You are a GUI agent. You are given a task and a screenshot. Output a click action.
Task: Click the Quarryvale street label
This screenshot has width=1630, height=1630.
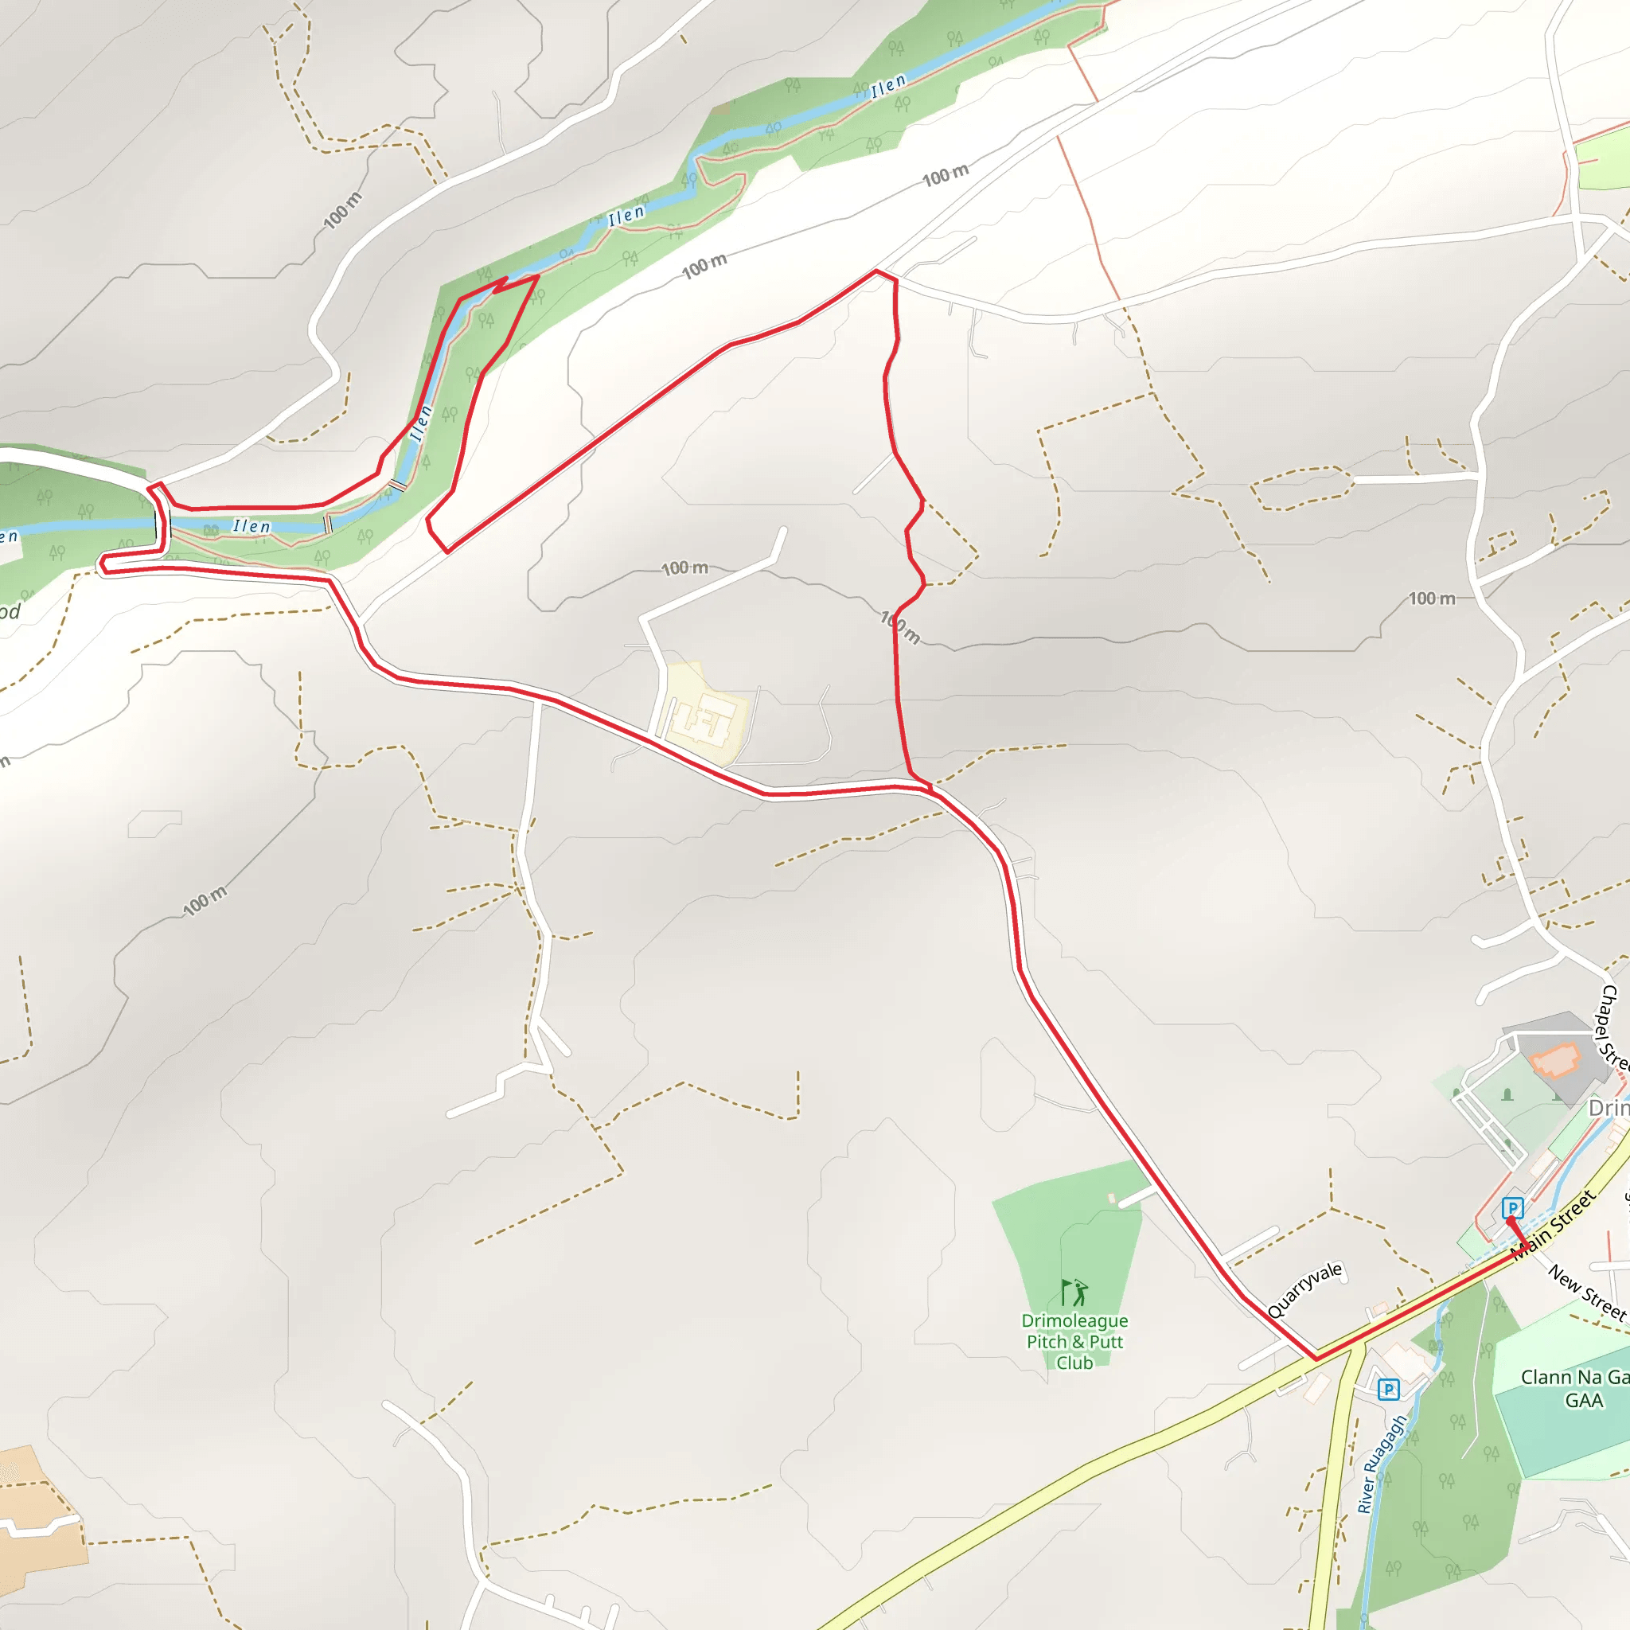[x=1304, y=1290]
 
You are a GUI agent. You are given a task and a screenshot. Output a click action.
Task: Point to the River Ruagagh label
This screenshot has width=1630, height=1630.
[x=1382, y=1464]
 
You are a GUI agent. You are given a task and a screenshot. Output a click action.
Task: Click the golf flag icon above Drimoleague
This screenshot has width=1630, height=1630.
[x=1074, y=1293]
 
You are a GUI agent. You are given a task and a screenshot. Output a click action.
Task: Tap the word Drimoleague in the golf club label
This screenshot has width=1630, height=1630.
[x=1074, y=1321]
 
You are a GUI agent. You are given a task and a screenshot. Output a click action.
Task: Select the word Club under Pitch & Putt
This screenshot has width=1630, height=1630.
[x=1074, y=1363]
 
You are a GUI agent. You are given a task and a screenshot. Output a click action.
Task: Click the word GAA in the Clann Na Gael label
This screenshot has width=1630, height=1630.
[x=1584, y=1402]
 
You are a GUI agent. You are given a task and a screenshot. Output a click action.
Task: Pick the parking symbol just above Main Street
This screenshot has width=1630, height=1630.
[x=1513, y=1208]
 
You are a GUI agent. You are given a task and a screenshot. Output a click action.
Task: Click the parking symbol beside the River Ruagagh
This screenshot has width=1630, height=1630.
[x=1389, y=1390]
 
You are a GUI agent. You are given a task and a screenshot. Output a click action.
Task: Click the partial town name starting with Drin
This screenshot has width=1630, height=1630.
[x=1608, y=1108]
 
